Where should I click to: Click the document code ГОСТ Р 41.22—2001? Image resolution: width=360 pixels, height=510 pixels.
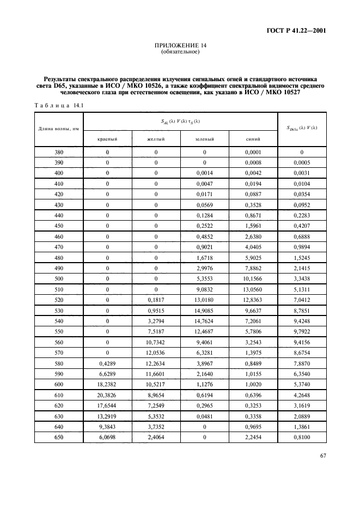(296, 31)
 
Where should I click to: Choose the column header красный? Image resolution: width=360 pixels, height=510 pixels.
(107, 139)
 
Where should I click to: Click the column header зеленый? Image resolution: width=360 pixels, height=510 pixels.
(204, 139)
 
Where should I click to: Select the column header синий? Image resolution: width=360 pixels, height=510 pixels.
(253, 139)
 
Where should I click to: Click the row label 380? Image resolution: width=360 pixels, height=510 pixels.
(59, 153)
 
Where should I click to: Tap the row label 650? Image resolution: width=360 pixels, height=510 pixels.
(59, 436)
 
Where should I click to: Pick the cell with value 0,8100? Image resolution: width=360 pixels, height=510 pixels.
(301, 436)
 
